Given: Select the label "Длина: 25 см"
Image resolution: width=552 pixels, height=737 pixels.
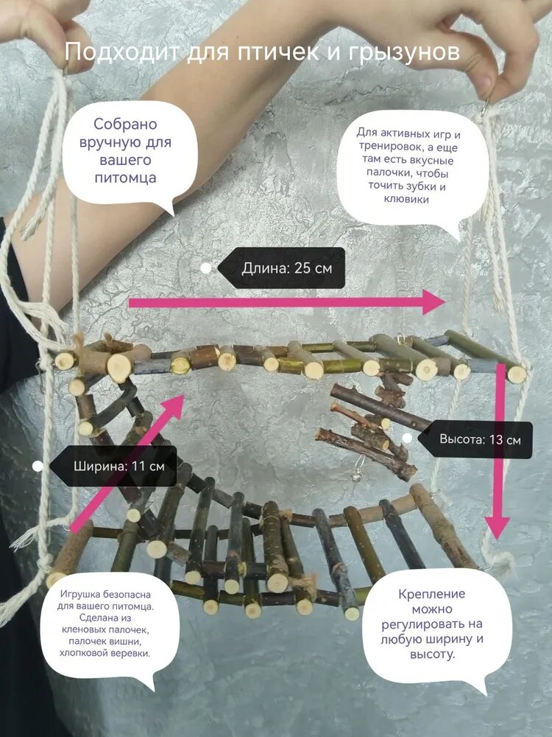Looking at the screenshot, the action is click(287, 268).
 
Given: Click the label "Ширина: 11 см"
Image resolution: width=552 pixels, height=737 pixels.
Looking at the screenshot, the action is click(118, 467).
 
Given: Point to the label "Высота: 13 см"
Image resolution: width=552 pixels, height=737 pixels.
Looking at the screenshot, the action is click(480, 440).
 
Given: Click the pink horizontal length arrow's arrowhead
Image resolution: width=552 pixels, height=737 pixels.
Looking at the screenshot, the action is click(434, 302).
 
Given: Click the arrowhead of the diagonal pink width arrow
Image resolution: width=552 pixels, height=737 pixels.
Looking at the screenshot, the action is click(174, 407).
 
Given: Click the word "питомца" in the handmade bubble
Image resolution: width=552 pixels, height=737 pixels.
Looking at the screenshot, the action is click(125, 178).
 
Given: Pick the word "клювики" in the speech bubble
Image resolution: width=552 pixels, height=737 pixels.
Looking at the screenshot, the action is click(406, 199).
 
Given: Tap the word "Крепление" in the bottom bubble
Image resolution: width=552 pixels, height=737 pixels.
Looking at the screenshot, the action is click(432, 593).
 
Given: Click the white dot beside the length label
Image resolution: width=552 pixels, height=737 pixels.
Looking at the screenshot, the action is click(206, 268).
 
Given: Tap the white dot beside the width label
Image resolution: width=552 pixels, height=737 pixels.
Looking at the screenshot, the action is click(38, 467).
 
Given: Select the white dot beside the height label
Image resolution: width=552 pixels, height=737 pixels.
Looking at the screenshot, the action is click(407, 438).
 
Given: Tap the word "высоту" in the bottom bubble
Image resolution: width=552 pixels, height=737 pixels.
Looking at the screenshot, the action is click(432, 654).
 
